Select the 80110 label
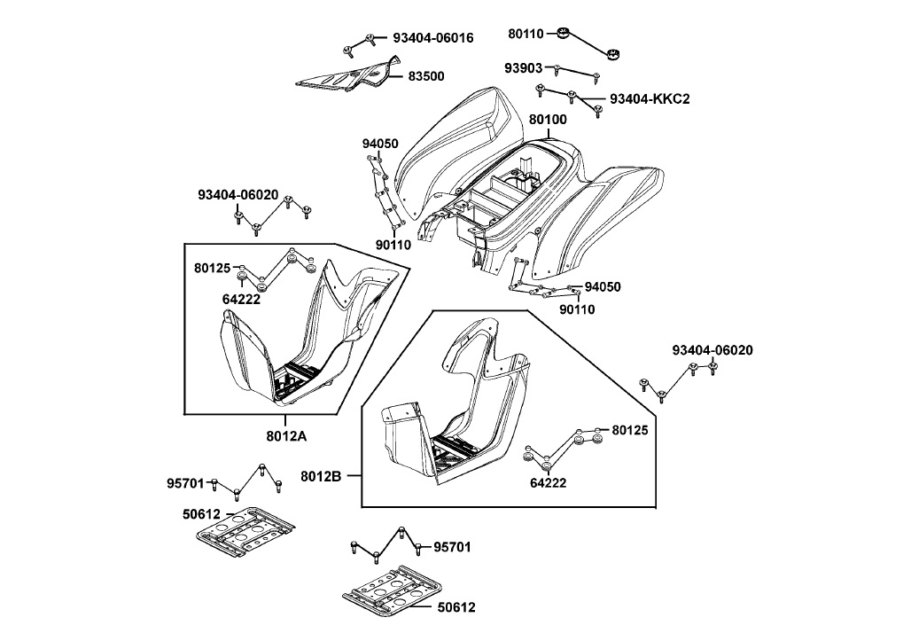pyautogui.click(x=526, y=34)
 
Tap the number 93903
pyautogui.click(x=524, y=68)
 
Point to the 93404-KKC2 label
pyautogui.click(x=649, y=98)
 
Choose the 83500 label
pyautogui.click(x=426, y=76)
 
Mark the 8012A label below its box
pyautogui.click(x=285, y=434)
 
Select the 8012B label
pyautogui.click(x=321, y=476)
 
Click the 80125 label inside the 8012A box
pyautogui.click(x=213, y=267)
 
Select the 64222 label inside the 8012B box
pyautogui.click(x=549, y=483)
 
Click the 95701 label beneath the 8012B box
pyautogui.click(x=452, y=547)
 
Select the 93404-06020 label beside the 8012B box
pyautogui.click(x=712, y=350)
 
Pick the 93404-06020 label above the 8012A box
pyautogui.click(x=238, y=195)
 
